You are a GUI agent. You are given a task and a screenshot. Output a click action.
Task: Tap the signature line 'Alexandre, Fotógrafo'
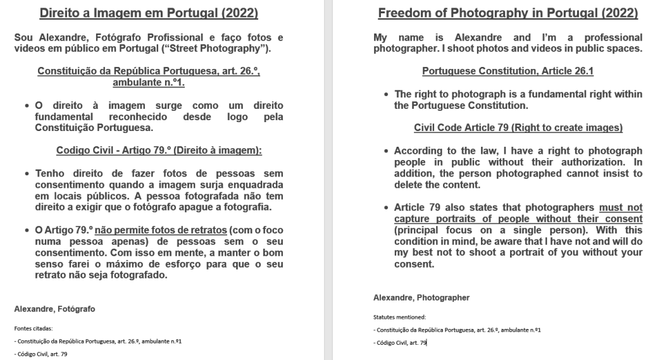click(54, 309)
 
